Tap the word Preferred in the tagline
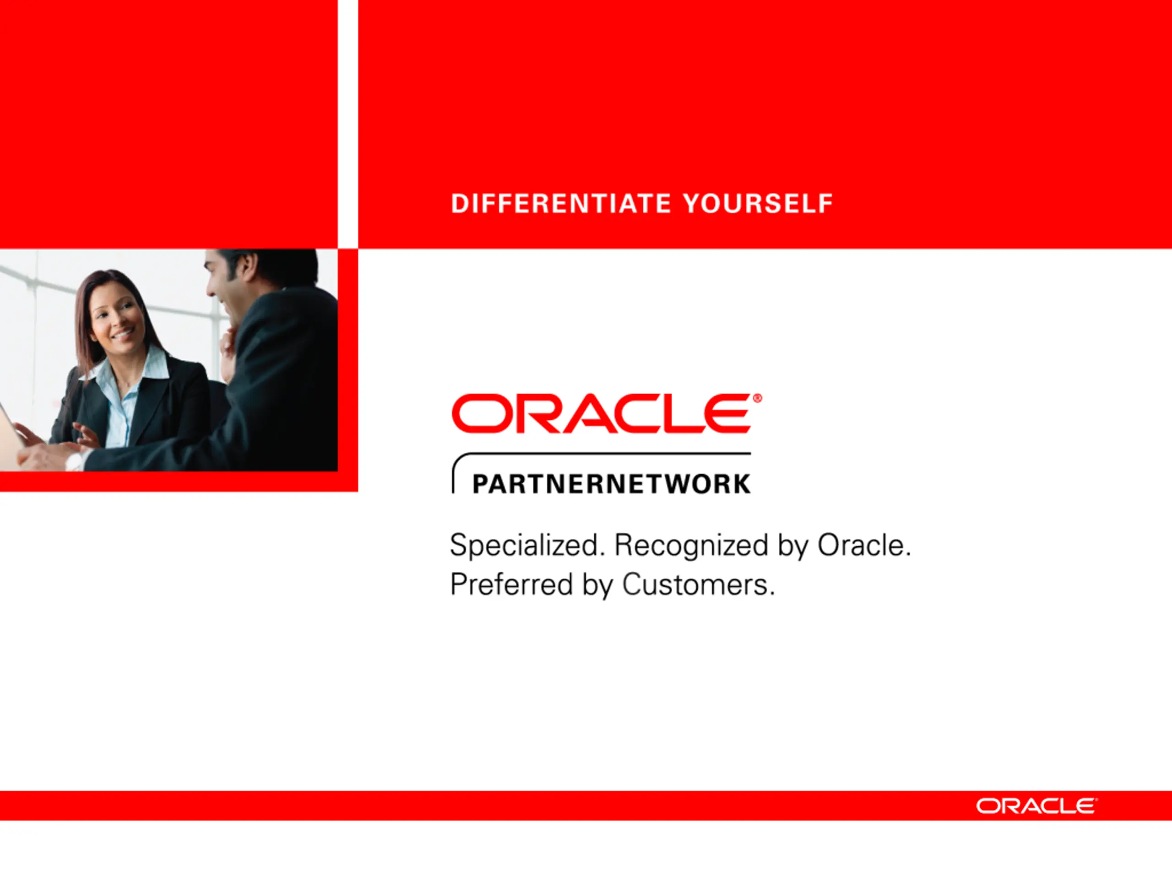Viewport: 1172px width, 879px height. (511, 585)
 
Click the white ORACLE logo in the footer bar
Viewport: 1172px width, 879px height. (1037, 806)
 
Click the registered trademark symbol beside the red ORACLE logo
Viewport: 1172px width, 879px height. (757, 398)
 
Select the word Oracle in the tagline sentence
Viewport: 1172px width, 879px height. (863, 546)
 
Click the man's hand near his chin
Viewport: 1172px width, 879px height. (229, 350)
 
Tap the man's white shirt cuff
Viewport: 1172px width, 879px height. (74, 461)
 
